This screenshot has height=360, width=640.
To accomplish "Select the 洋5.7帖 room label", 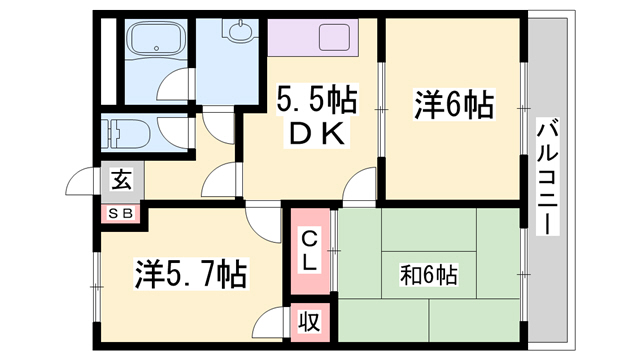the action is [x=191, y=271].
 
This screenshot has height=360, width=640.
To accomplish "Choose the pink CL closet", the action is [x=310, y=251].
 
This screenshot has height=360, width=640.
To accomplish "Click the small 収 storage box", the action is [x=311, y=323].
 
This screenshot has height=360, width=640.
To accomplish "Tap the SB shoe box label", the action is [x=121, y=212].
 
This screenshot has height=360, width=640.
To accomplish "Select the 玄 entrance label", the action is [x=121, y=181].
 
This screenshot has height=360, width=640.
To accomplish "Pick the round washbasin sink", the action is [x=240, y=36].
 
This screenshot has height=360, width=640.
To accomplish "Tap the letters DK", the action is [x=317, y=134].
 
